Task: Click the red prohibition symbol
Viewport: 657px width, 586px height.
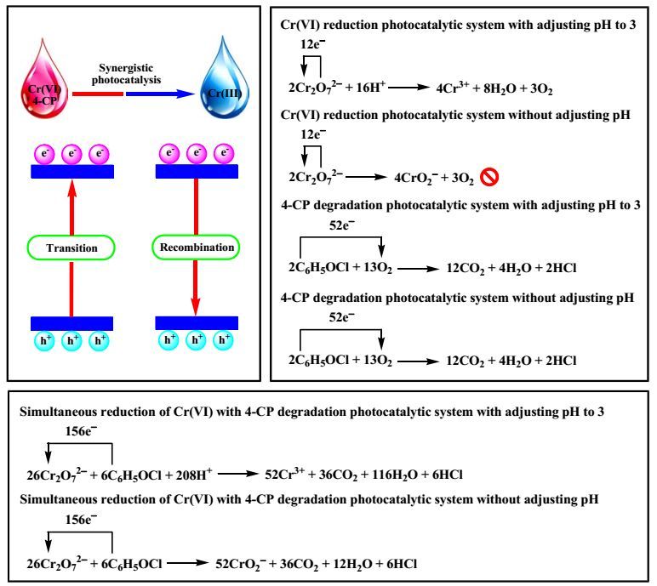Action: (x=489, y=177)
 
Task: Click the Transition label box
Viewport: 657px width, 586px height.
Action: (x=71, y=247)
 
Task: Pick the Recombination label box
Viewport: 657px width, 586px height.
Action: (x=197, y=247)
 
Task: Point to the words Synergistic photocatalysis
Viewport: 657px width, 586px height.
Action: (x=126, y=74)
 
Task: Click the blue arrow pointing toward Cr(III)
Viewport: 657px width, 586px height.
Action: (x=161, y=94)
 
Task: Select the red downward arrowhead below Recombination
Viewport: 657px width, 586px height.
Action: (x=195, y=307)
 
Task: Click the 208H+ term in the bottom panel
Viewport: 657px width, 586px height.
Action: (x=193, y=475)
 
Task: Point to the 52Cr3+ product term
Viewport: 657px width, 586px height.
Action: (x=285, y=475)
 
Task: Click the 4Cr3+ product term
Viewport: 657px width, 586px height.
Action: (x=453, y=88)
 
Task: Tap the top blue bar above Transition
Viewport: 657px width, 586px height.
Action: (x=72, y=171)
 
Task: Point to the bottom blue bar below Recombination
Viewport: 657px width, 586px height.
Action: (x=197, y=323)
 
